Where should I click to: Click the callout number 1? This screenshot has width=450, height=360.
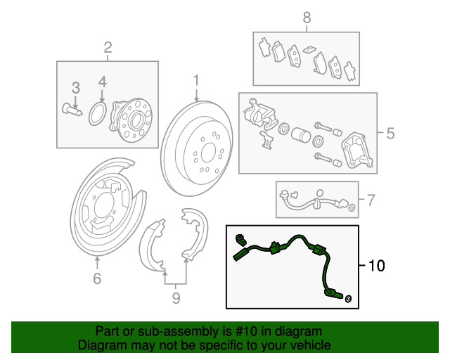point(197,80)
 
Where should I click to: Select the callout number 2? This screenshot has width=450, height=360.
point(108,48)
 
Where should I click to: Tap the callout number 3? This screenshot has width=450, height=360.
point(75,88)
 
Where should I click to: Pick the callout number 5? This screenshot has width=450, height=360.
point(390,133)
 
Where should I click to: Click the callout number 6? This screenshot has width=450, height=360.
point(97,279)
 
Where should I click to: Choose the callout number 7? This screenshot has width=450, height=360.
point(371,200)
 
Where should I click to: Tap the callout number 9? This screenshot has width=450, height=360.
point(176,299)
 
